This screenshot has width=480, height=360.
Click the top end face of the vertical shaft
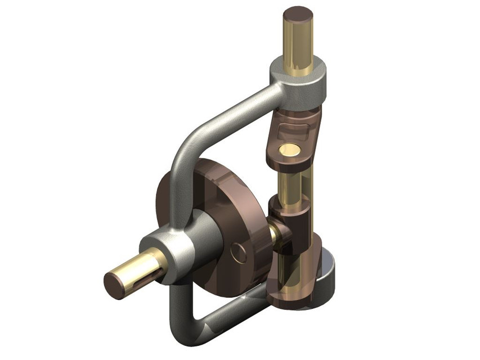[298, 14]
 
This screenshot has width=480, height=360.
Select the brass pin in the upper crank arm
[290, 150]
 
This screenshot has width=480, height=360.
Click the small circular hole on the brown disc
[239, 253]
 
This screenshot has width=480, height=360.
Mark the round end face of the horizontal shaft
[115, 284]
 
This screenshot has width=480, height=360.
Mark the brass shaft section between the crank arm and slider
[293, 180]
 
